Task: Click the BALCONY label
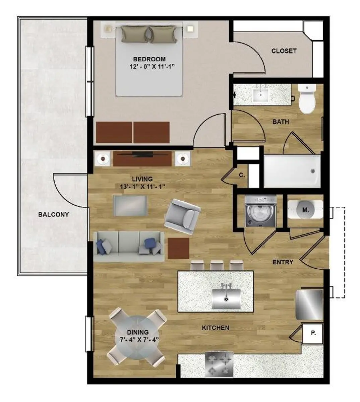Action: (x=54, y=214)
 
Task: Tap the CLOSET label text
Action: (x=284, y=51)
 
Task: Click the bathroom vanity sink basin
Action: (x=261, y=95)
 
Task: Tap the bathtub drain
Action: (x=313, y=171)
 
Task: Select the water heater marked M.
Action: (x=305, y=209)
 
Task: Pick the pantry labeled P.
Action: (x=312, y=333)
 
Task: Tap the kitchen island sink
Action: (x=226, y=299)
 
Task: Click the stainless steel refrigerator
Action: (x=309, y=305)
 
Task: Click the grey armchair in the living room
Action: (x=182, y=217)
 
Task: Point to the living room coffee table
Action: (x=130, y=206)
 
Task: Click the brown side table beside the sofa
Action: (x=178, y=248)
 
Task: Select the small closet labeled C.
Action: (x=242, y=176)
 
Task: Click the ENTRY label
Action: (x=283, y=262)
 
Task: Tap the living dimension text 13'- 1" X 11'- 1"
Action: (x=142, y=187)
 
